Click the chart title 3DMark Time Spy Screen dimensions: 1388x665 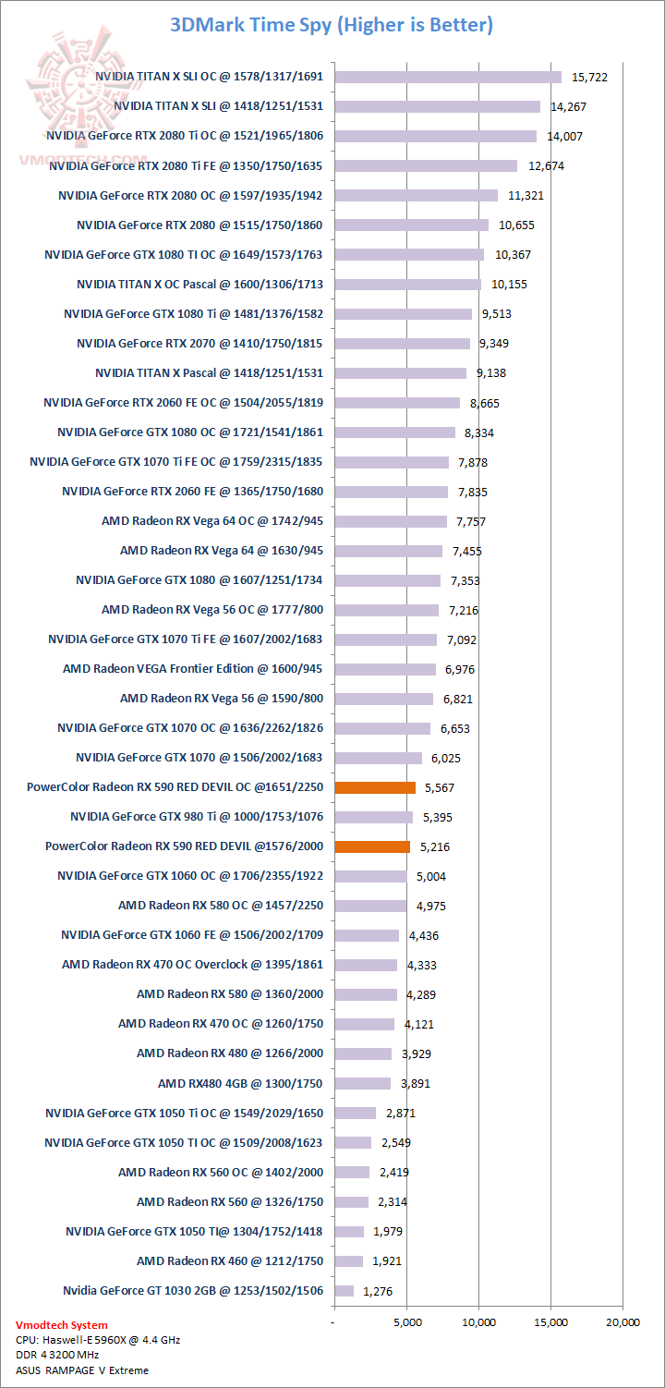tap(332, 25)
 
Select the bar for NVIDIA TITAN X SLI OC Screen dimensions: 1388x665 tap(448, 77)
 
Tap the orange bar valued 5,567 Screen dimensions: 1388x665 tap(375, 787)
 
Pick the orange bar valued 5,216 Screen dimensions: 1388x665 tap(372, 846)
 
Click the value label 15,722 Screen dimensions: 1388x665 tap(589, 78)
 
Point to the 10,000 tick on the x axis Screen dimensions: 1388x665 tap(478, 1322)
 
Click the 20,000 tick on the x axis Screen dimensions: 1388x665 tap(622, 1322)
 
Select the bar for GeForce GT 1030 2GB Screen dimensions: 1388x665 tap(345, 1290)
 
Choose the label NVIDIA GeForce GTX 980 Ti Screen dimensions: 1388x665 tap(198, 817)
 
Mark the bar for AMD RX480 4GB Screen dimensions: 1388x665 tap(363, 1083)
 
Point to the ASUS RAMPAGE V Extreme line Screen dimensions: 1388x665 tap(82, 1370)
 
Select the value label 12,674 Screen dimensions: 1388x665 tap(545, 166)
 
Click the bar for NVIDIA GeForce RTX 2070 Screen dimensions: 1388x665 tap(402, 344)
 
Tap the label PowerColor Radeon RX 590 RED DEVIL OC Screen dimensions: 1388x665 tap(175, 787)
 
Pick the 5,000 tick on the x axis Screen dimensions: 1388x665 tap(407, 1322)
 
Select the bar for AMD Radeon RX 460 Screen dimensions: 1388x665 tap(349, 1260)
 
